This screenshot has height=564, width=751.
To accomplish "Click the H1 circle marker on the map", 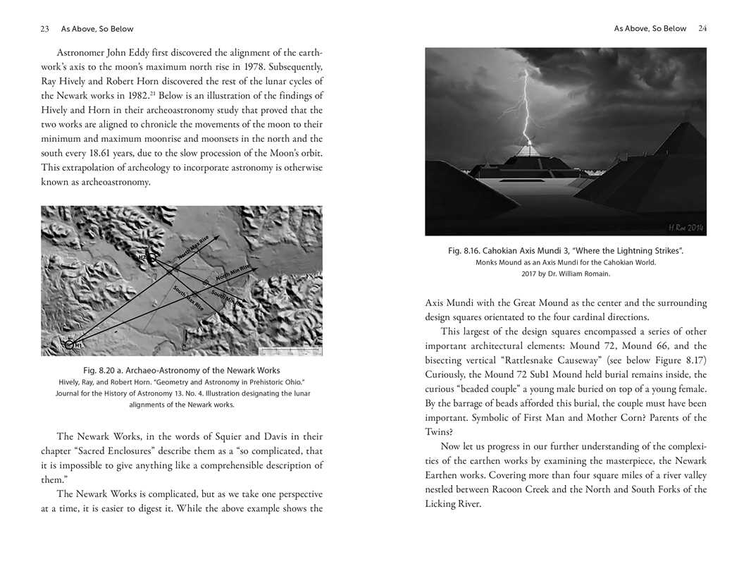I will click(x=69, y=344).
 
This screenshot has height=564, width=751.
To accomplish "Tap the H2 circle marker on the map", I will click(x=151, y=259).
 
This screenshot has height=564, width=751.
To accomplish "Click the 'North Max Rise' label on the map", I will click(x=193, y=249).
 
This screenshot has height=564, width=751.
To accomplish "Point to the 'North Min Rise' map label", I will click(x=232, y=273).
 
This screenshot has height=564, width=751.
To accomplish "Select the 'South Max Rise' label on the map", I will click(x=188, y=299).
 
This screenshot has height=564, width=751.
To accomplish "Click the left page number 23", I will click(x=44, y=29).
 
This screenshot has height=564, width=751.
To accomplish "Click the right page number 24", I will click(x=702, y=29).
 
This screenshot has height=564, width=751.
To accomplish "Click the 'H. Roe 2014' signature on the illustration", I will click(x=685, y=227).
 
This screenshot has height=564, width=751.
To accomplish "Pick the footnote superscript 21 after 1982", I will click(x=151, y=92).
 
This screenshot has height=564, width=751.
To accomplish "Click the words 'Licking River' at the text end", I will click(x=452, y=503).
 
